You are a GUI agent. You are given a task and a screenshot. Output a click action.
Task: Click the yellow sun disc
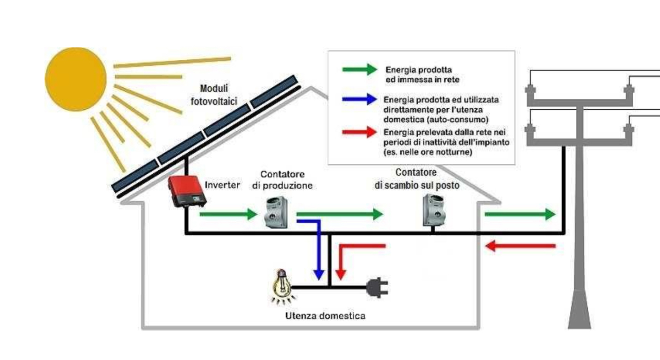point(76,79)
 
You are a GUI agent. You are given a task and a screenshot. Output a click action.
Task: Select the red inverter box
point(186,191)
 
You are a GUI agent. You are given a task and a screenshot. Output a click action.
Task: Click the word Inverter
point(222,185)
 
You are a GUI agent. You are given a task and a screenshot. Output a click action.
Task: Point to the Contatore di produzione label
point(282,180)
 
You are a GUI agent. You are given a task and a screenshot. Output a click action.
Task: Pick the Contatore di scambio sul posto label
point(417,178)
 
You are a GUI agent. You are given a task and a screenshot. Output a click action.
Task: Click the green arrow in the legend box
point(359,69)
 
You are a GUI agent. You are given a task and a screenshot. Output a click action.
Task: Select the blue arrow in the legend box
point(359,100)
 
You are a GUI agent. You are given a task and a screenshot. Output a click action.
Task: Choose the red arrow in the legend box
point(359,132)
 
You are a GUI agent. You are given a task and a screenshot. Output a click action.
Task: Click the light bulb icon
point(282,286)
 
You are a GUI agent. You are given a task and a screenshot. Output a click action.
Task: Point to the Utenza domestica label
point(325,315)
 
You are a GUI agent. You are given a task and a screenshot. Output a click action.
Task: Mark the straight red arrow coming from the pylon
point(521,246)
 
